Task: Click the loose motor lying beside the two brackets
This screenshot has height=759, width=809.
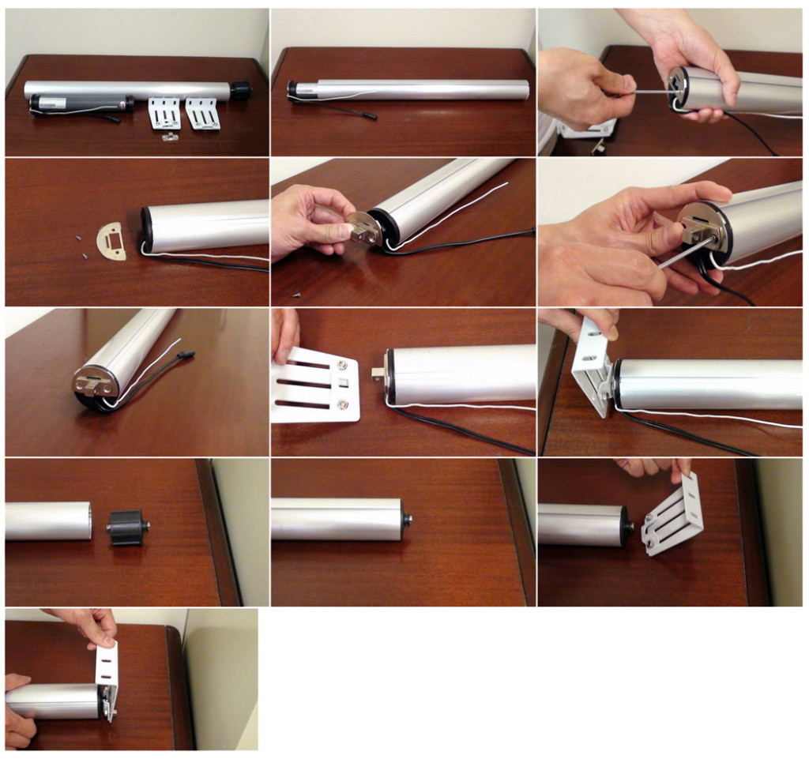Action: [x=79, y=103]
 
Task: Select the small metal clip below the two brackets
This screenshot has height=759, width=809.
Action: [x=167, y=137]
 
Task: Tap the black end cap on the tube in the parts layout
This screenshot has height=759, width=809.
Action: [x=241, y=90]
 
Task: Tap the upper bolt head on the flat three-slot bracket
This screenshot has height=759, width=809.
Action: [x=342, y=365]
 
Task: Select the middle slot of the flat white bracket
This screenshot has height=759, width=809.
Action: [x=304, y=385]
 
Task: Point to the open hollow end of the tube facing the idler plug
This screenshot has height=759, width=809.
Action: [x=88, y=521]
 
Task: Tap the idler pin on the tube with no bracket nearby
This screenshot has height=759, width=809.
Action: [x=409, y=520]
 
